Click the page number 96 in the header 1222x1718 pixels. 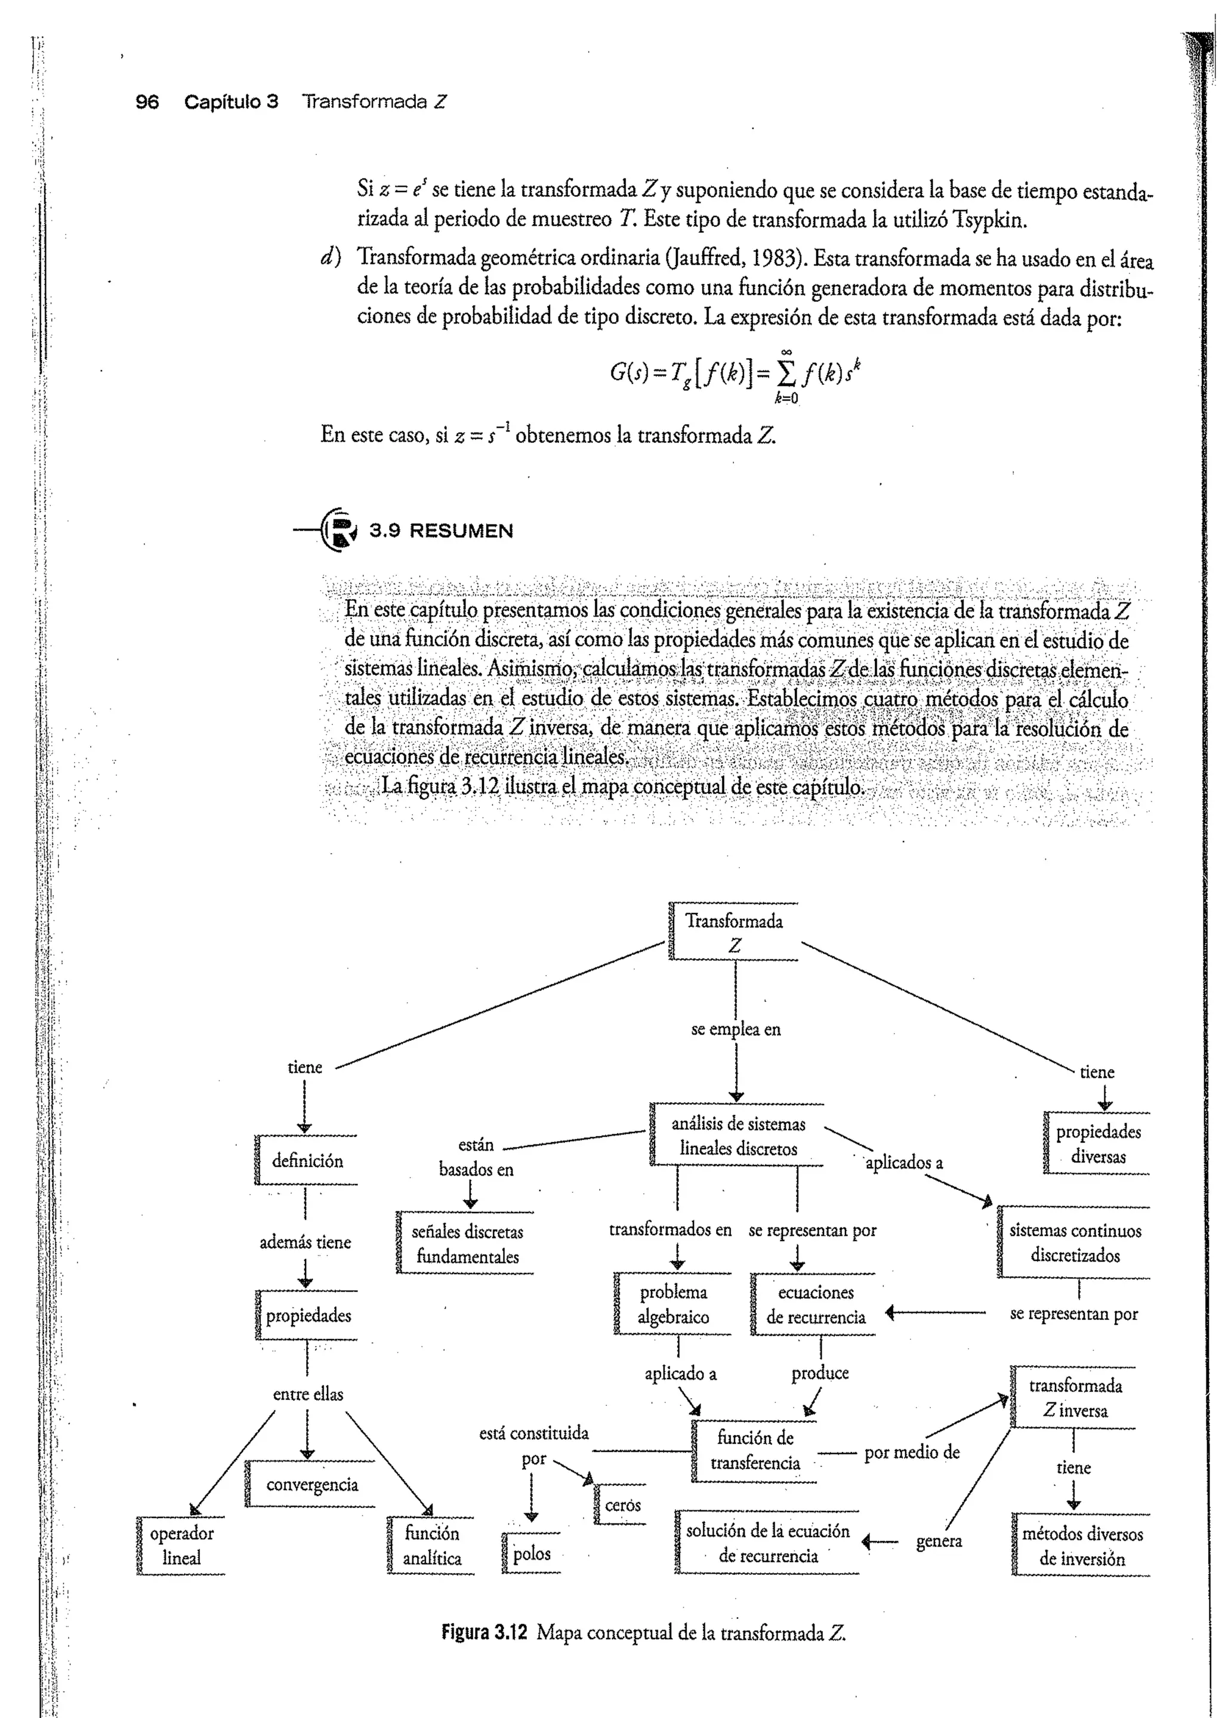(147, 101)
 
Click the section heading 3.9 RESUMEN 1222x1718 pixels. (440, 530)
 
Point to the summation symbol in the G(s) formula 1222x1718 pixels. (786, 372)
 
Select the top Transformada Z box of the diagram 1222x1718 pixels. (734, 932)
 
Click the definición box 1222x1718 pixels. (307, 1161)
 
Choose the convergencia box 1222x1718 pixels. (311, 1485)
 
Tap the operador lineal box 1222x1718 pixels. (181, 1545)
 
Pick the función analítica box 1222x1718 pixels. (432, 1545)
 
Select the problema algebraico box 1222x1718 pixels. (674, 1304)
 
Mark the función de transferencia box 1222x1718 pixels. (755, 1450)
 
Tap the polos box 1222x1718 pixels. (531, 1553)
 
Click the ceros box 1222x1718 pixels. (622, 1504)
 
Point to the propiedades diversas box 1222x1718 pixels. (1098, 1144)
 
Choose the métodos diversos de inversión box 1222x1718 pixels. (1082, 1546)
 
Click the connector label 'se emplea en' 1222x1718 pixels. (736, 1029)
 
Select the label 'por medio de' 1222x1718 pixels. (911, 1452)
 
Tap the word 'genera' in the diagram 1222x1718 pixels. (939, 1540)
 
